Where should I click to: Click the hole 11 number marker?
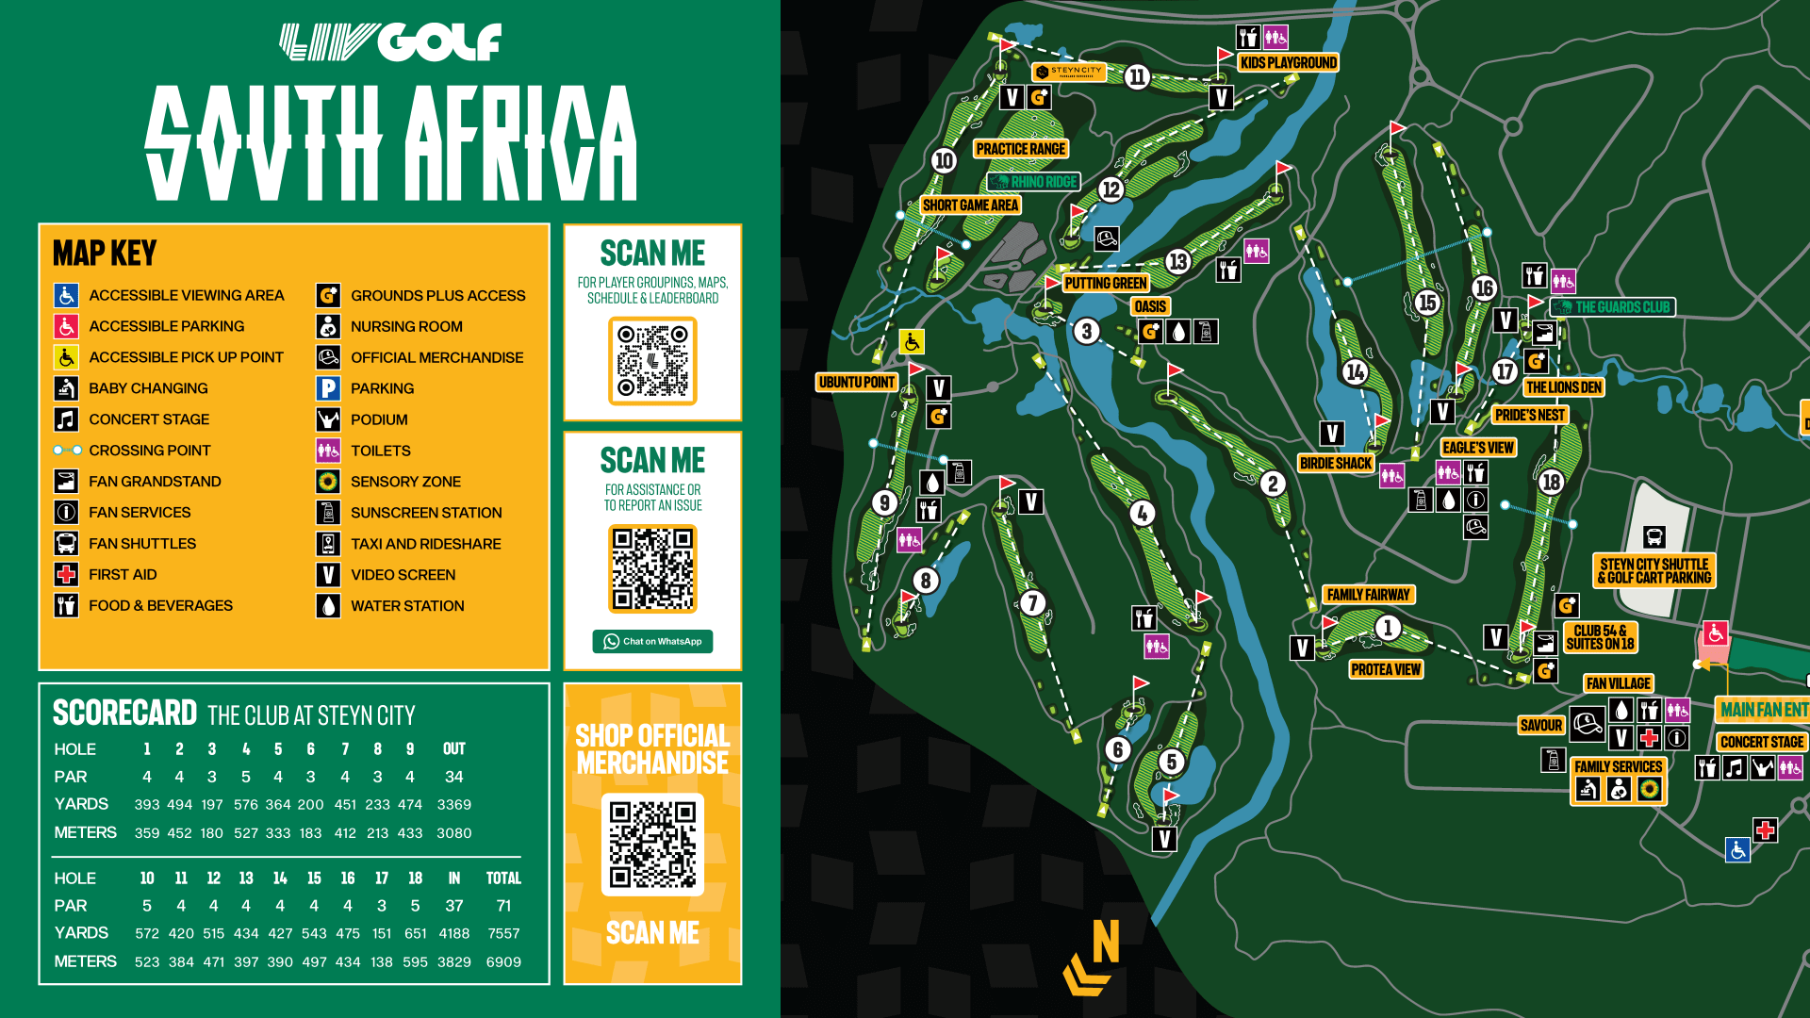click(x=1137, y=77)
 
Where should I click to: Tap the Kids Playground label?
click(x=1288, y=63)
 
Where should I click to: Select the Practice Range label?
click(x=1020, y=149)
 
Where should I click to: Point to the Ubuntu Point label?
click(x=856, y=382)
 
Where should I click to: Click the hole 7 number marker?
click(x=1032, y=602)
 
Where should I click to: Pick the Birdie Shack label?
click(x=1335, y=463)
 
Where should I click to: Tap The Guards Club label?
click(x=1613, y=307)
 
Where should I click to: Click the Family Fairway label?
click(x=1368, y=595)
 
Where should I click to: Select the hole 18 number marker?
click(x=1551, y=483)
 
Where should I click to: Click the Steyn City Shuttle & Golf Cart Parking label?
click(x=1654, y=571)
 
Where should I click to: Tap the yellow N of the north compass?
click(x=1106, y=941)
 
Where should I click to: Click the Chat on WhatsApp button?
click(x=652, y=641)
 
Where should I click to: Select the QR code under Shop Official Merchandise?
click(x=652, y=844)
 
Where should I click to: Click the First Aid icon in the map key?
click(x=66, y=574)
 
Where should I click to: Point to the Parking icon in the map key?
click(x=327, y=388)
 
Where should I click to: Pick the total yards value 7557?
click(x=503, y=933)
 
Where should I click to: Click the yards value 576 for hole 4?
click(x=246, y=804)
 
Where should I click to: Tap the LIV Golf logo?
click(x=390, y=42)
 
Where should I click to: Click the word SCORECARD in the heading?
click(x=124, y=714)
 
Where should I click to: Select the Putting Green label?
click(x=1105, y=283)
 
